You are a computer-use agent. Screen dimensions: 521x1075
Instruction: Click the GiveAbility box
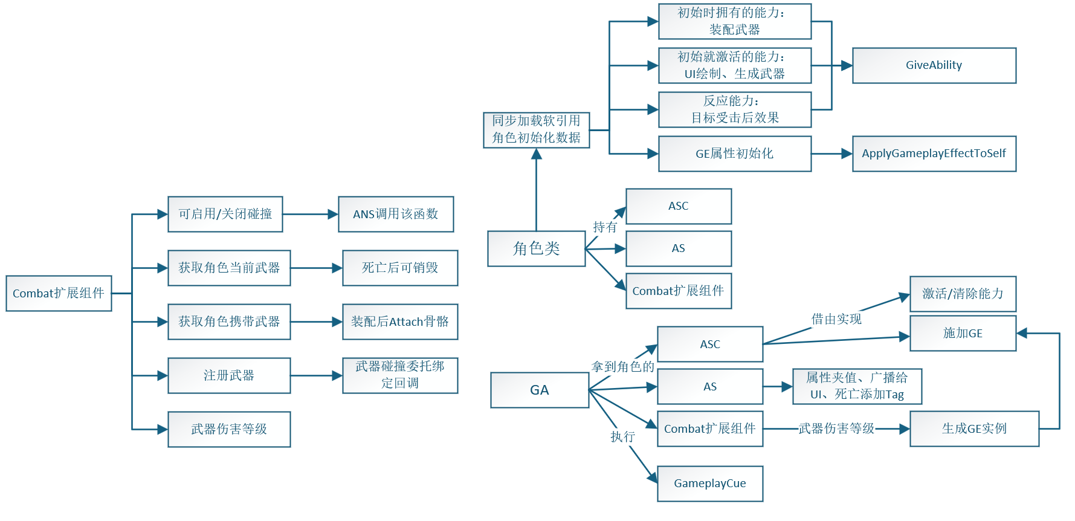[934, 65]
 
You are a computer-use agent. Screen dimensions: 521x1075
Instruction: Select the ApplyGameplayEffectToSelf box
[934, 154]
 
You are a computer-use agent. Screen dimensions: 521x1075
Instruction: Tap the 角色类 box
[536, 248]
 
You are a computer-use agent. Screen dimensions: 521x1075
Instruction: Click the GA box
[539, 390]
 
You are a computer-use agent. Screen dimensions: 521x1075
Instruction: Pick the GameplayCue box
[709, 484]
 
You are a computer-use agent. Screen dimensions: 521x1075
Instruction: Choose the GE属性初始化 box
[734, 154]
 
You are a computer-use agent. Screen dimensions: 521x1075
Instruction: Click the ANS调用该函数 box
[395, 214]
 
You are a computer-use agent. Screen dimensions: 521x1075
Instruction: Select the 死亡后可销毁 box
[399, 268]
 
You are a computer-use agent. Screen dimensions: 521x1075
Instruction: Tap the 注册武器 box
[228, 375]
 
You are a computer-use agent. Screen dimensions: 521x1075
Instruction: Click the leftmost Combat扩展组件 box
[59, 293]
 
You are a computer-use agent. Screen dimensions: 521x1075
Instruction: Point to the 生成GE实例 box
[973, 429]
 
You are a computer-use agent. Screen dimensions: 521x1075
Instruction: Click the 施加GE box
[962, 333]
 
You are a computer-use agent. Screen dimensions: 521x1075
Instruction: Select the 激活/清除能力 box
[962, 294]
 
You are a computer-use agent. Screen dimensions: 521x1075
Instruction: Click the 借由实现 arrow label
[836, 319]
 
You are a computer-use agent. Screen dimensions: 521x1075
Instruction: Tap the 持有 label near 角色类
[604, 227]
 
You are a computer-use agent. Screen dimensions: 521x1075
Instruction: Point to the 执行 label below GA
[622, 436]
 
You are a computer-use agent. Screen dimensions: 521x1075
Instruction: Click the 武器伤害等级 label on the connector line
[836, 429]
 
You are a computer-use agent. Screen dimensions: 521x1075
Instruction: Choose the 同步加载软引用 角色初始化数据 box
[536, 129]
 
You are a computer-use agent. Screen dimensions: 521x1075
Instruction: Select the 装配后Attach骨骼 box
[399, 322]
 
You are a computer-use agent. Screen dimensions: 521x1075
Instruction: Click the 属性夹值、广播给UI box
[856, 386]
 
